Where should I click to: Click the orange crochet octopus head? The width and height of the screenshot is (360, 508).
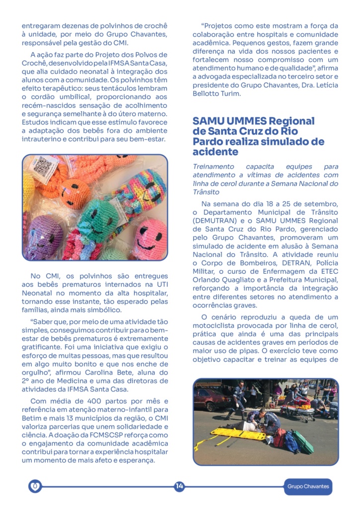coord(75,191)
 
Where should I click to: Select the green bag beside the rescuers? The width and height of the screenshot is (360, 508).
coord(303,442)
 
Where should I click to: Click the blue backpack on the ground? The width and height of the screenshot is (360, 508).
coord(290,442)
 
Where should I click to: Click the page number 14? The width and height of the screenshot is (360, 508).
coord(179,487)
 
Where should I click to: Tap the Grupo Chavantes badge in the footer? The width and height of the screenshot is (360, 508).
coord(308,487)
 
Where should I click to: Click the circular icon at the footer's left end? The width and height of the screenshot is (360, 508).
coord(34,487)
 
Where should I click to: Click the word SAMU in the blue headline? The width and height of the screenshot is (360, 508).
coord(208,121)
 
